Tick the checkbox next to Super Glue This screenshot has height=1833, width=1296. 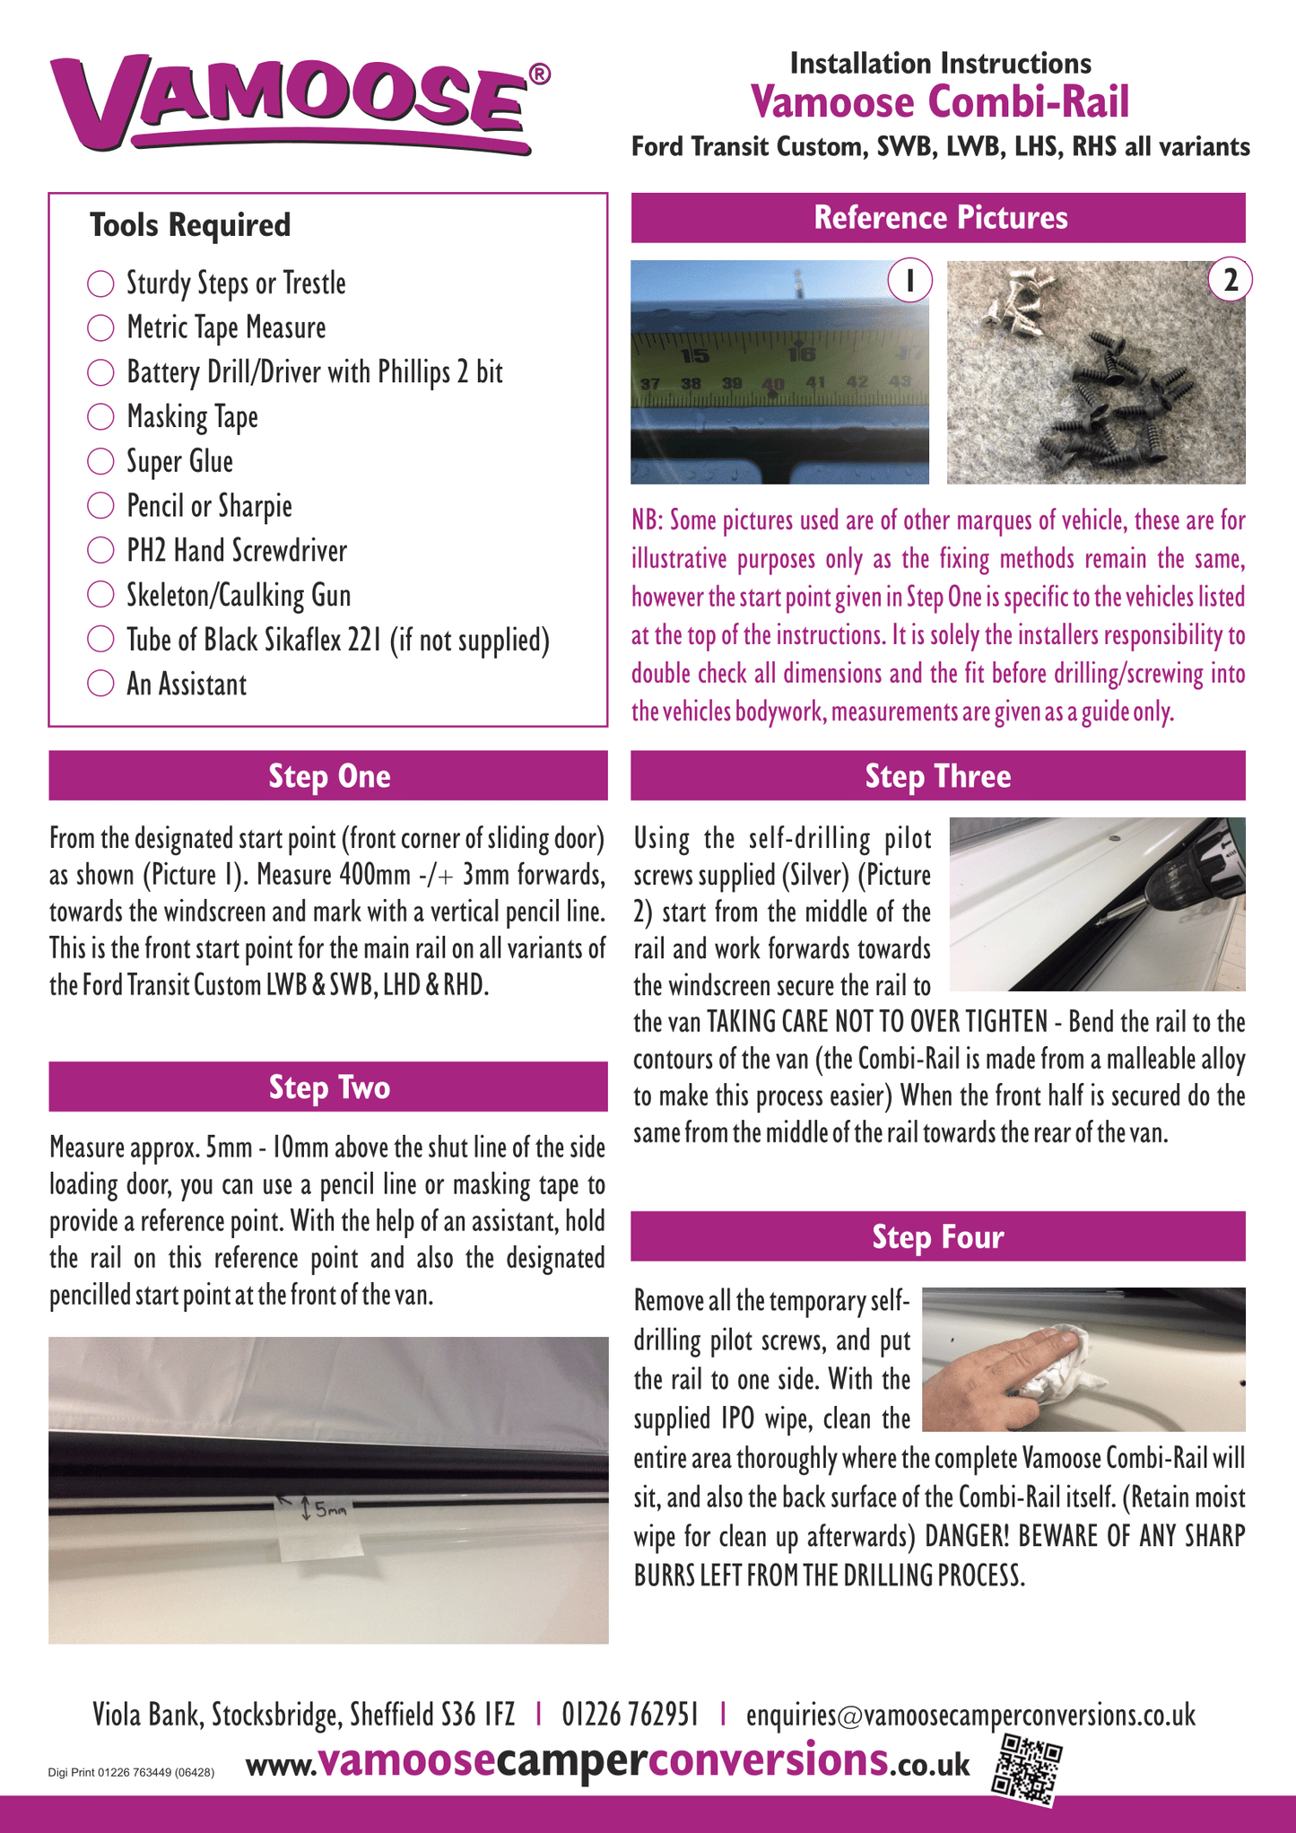click(100, 461)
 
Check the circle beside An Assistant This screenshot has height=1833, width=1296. click(100, 684)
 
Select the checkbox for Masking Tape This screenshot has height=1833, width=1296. click(100, 416)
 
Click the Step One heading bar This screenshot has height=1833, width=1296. click(328, 776)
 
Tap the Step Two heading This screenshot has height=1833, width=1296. click(328, 1087)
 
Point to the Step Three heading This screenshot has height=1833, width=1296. click(938, 776)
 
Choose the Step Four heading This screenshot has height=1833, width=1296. click(938, 1237)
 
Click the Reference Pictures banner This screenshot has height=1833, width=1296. click(938, 218)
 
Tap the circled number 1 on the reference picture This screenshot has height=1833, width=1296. click(909, 281)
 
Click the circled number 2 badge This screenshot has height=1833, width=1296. click(1230, 281)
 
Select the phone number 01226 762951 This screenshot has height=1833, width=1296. click(630, 1715)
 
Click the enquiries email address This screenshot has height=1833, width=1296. click(970, 1715)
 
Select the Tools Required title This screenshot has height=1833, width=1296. click(190, 225)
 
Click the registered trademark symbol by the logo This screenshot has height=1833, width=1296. click(539, 74)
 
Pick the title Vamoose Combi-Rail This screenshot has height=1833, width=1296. click(940, 101)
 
